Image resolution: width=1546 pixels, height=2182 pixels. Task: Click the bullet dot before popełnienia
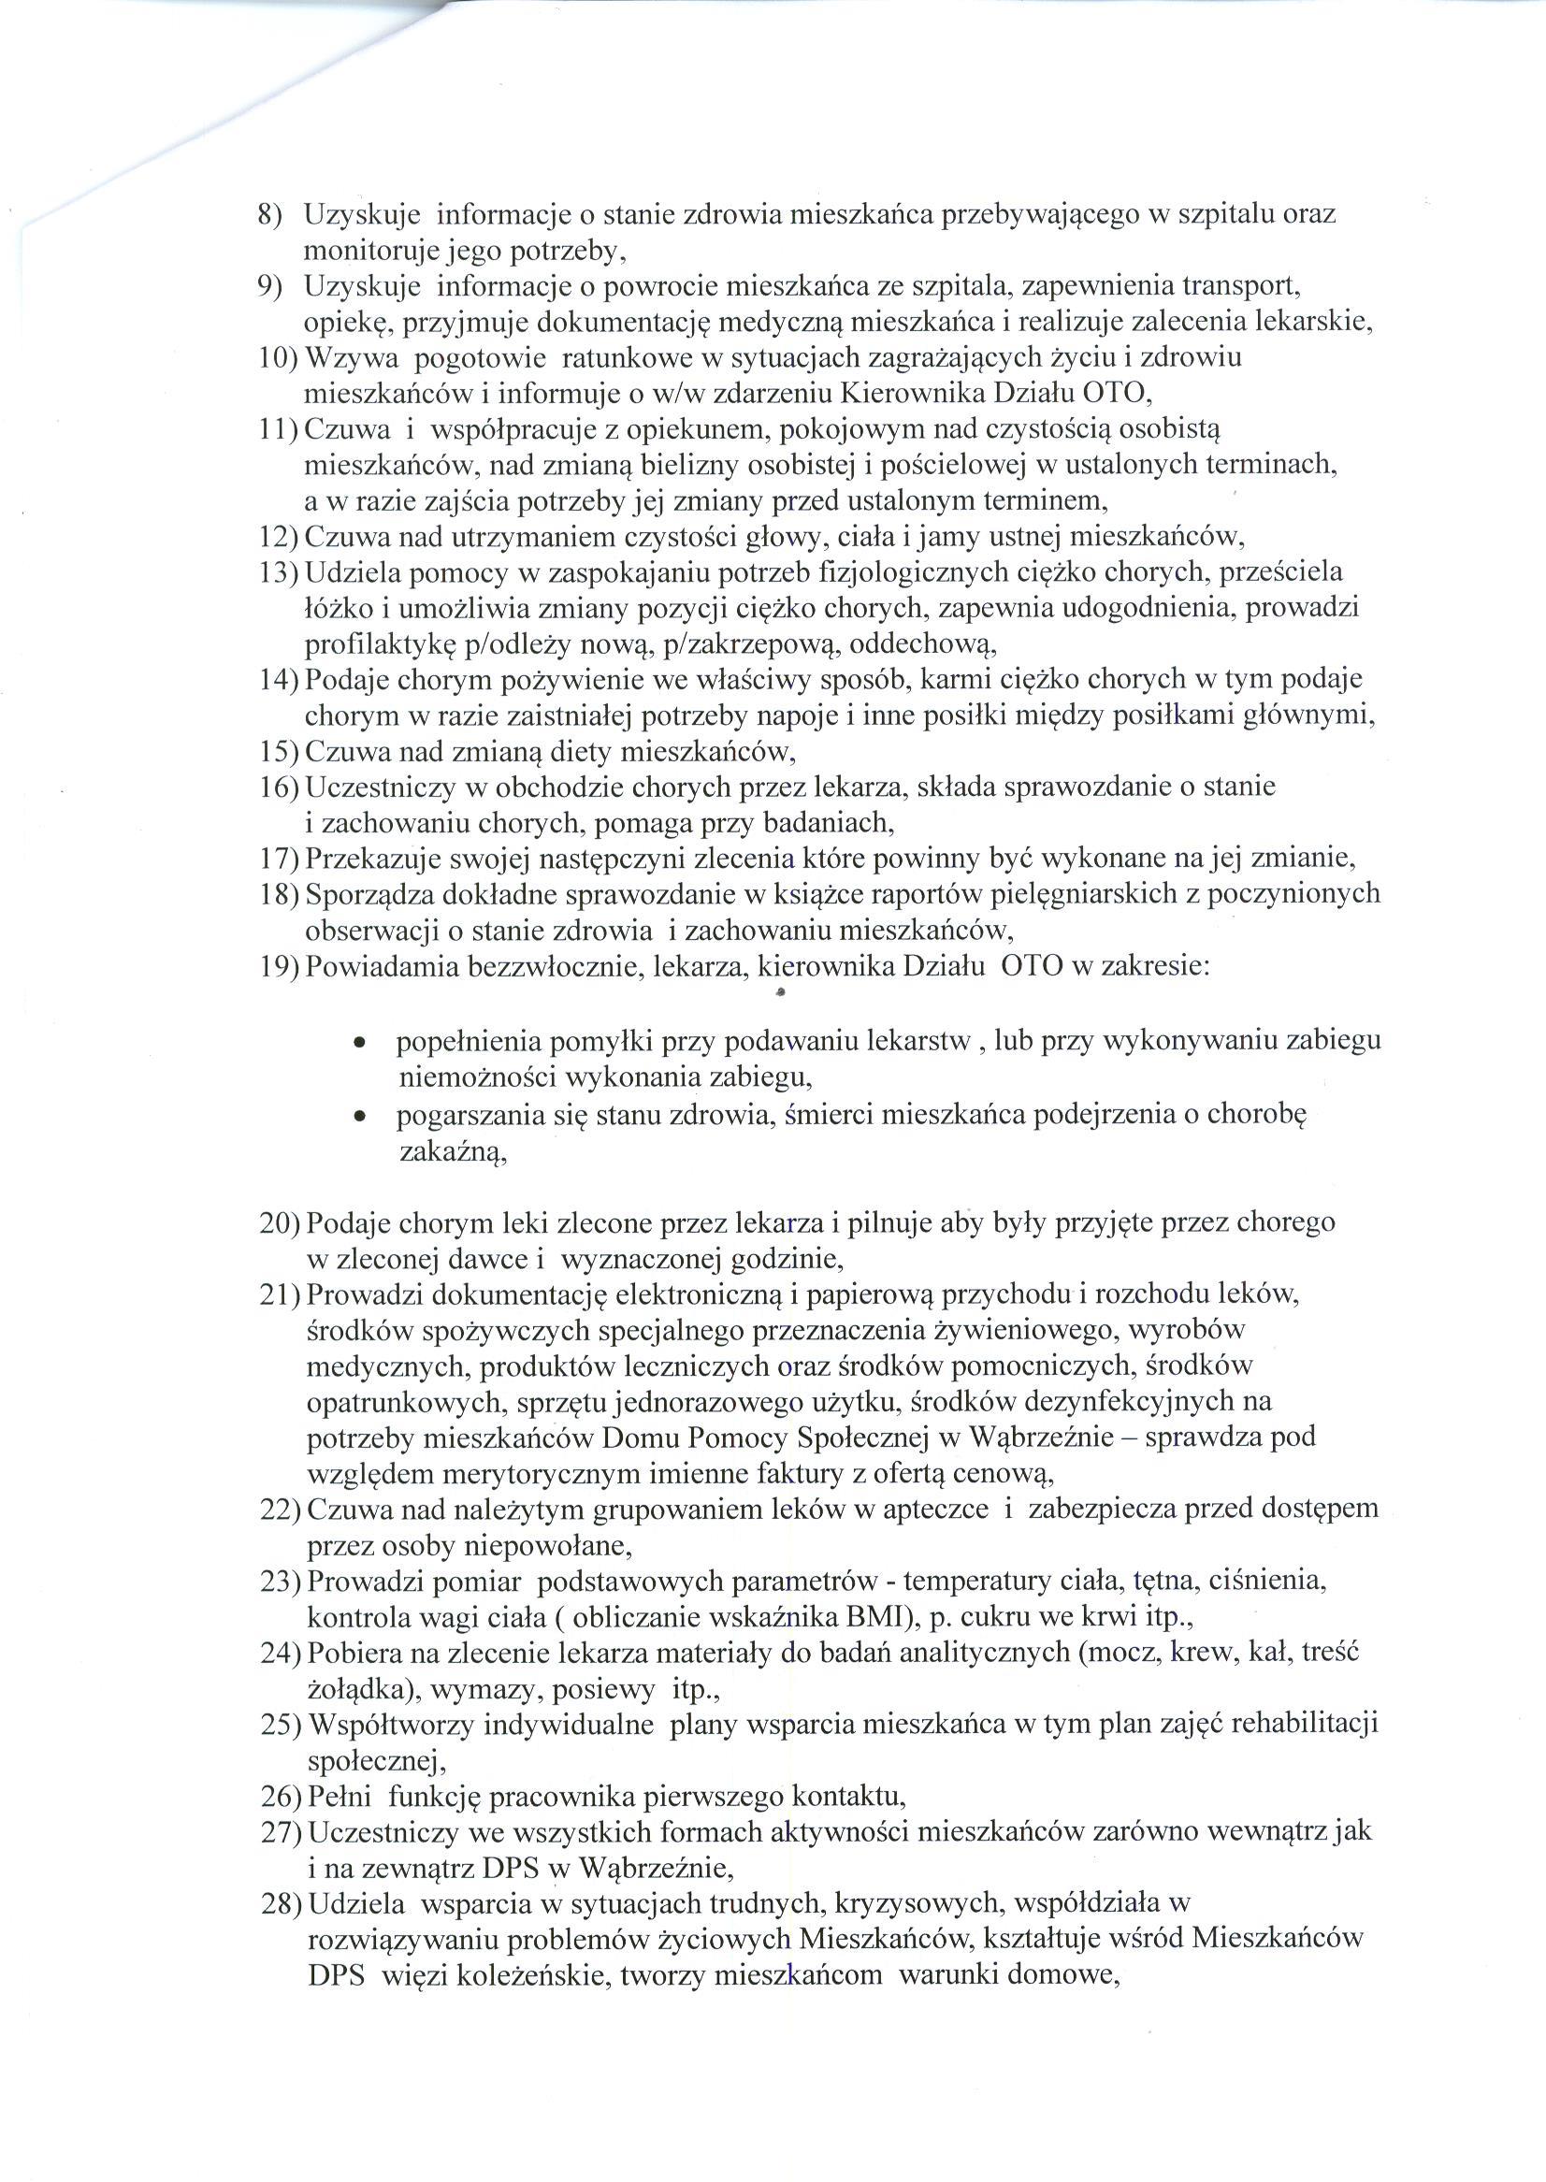click(359, 1045)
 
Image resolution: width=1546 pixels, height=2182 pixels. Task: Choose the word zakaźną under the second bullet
click(451, 1154)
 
